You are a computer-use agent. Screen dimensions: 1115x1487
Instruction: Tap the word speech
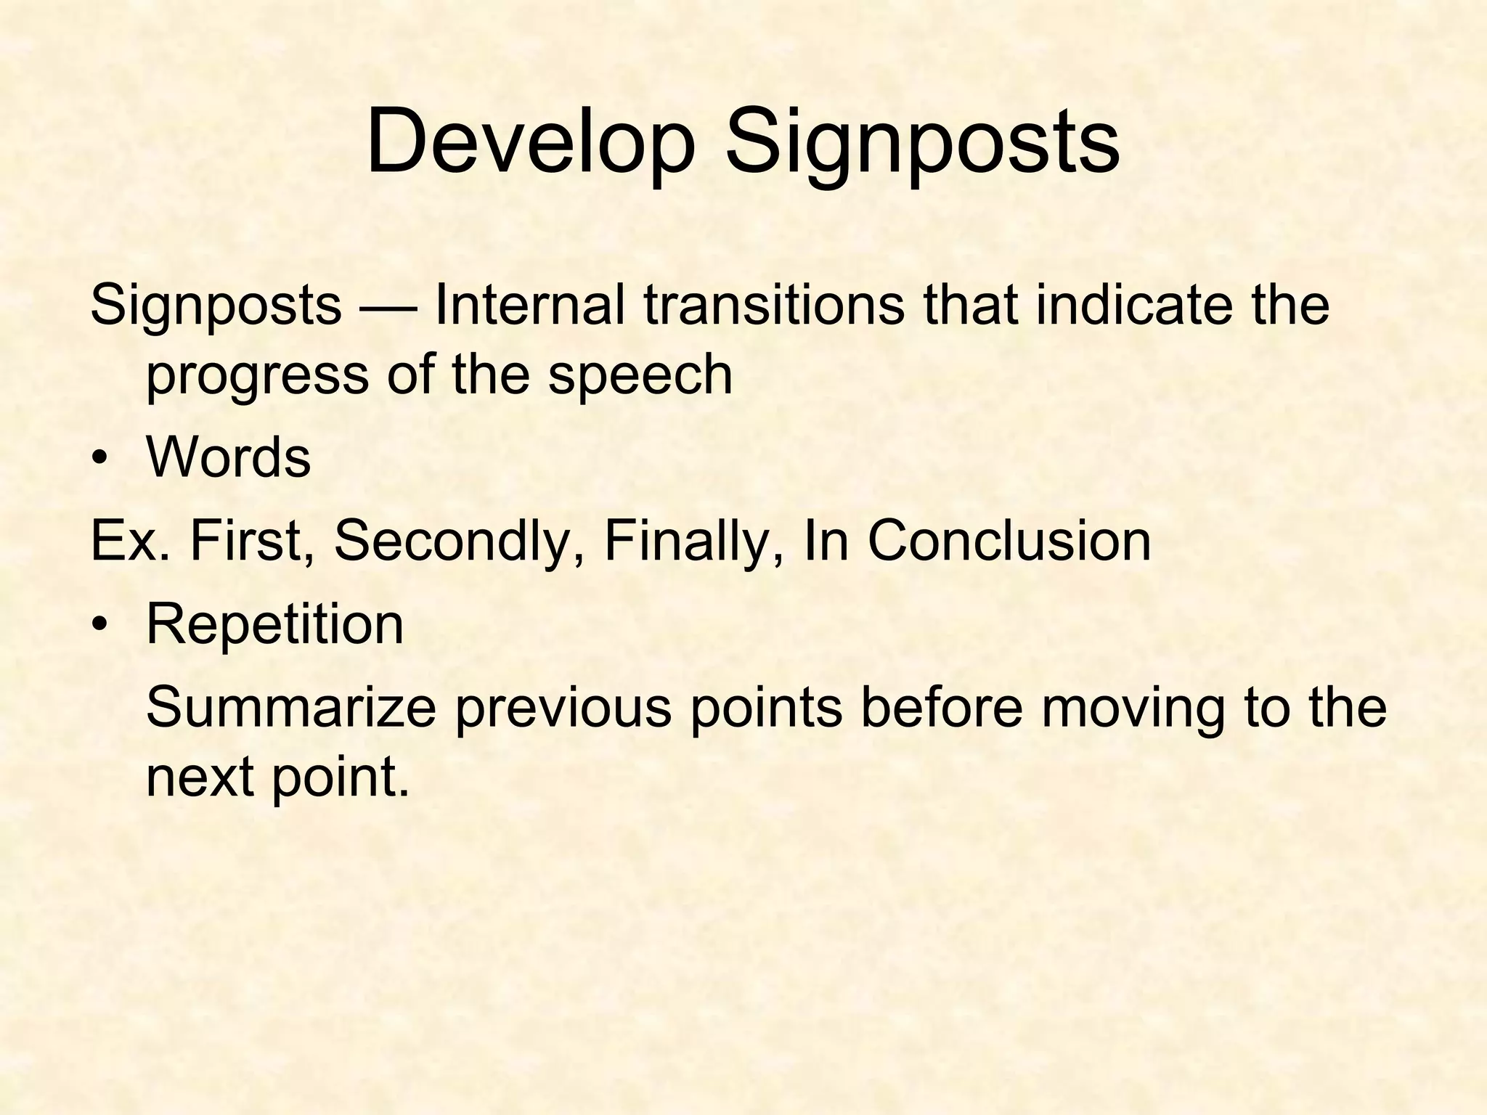(x=640, y=375)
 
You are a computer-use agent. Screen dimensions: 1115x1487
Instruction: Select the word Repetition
(x=274, y=625)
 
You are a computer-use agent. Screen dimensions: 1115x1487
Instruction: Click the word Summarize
(x=291, y=708)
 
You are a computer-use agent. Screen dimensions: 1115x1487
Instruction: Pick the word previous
(x=563, y=708)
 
